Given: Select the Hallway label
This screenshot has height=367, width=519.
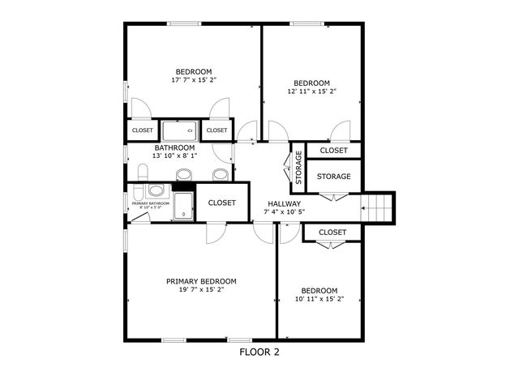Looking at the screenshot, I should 283,203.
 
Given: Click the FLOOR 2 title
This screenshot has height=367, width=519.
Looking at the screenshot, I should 259,352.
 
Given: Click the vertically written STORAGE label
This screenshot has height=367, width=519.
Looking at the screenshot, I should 298,167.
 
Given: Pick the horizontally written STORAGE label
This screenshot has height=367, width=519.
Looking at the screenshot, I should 333,177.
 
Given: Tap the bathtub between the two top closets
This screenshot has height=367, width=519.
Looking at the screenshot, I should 178,130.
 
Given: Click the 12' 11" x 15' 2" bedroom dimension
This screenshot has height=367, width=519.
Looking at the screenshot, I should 311,92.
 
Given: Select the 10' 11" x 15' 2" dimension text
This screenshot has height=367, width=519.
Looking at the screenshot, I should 319,299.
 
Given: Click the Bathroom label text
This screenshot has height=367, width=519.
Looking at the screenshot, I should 175,148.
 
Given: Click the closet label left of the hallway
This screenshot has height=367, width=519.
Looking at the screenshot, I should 221,203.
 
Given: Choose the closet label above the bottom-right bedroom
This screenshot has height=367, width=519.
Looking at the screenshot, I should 332,233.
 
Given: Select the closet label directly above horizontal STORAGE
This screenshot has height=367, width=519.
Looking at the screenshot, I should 333,151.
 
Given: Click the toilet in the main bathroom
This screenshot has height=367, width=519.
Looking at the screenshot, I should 143,173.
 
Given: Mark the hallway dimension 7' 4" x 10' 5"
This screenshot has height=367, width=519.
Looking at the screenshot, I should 283,212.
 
